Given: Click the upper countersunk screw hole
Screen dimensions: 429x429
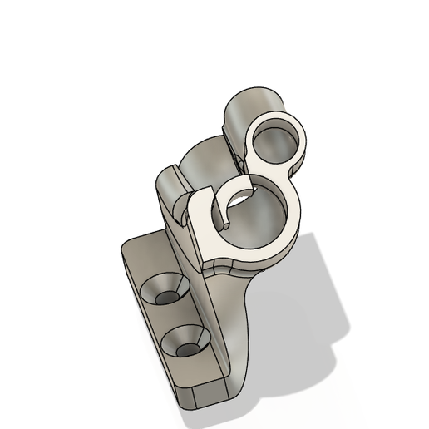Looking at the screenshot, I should [x=165, y=292].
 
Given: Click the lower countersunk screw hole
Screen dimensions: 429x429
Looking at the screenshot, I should [x=187, y=342].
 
